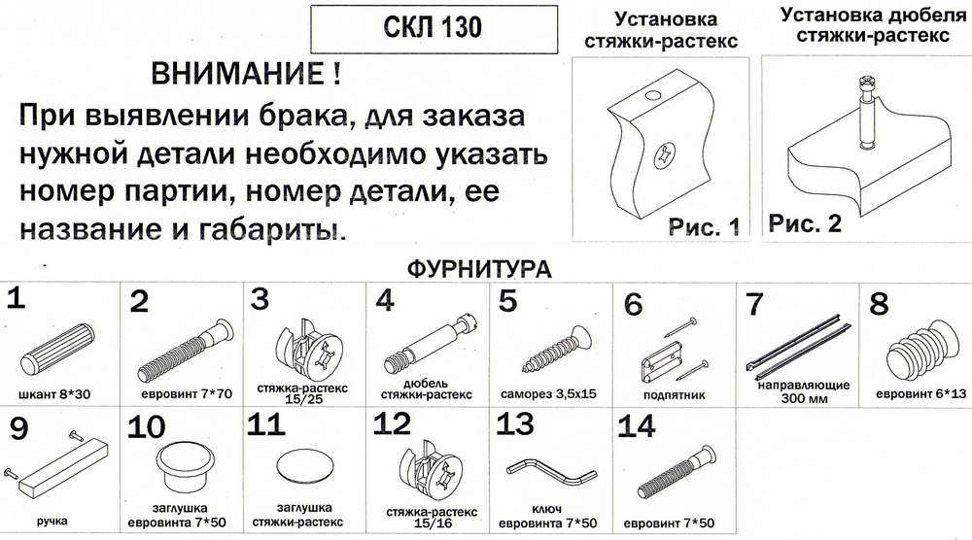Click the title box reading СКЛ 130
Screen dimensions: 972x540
pos(434,29)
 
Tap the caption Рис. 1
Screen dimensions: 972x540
pos(704,226)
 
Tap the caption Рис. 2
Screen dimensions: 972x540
pos(805,223)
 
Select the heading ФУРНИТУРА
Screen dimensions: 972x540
pos(479,269)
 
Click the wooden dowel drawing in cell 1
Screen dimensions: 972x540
pos(57,348)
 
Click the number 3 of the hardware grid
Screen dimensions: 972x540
pos(260,299)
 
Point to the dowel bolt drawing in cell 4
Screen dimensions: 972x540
pos(433,344)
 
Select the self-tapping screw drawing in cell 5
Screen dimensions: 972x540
pos(556,351)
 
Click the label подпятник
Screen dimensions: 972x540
pos(674,394)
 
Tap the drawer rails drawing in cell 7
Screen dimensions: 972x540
pos(798,348)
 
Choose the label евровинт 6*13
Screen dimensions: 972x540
pos(920,393)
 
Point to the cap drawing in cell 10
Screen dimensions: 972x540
pos(183,467)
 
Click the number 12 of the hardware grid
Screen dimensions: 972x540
pos(392,424)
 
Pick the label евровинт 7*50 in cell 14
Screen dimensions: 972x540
pos(669,523)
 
